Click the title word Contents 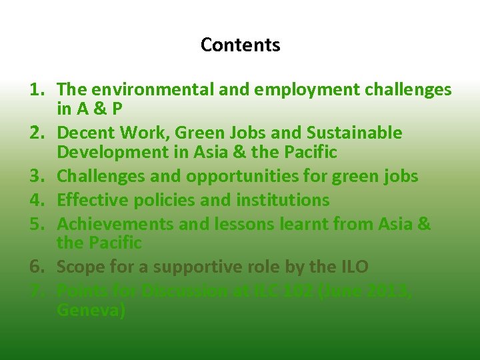coord(240,45)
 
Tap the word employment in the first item coord(296,89)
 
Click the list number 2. coord(38,133)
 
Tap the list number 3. coord(38,176)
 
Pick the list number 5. coord(38,223)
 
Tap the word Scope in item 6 coord(77,267)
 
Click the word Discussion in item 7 coord(169,291)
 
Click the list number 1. coord(38,89)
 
